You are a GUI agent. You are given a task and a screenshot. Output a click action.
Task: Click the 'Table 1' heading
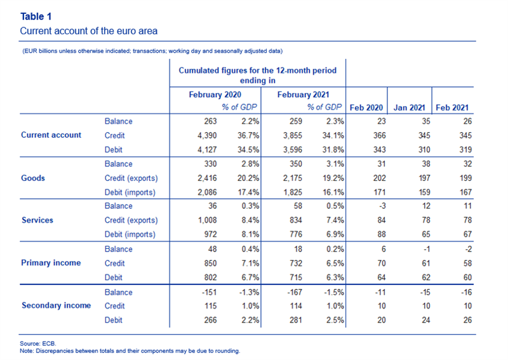[36, 17]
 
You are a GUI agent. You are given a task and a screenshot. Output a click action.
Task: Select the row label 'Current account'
[51, 135]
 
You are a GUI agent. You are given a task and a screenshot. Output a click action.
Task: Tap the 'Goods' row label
[33, 178]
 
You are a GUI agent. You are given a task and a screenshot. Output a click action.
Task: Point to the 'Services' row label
[37, 220]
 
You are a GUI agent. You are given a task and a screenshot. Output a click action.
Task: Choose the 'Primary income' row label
[51, 263]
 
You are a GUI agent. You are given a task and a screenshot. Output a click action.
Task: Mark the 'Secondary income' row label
[56, 305]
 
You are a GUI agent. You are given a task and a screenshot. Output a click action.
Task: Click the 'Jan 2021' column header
[409, 107]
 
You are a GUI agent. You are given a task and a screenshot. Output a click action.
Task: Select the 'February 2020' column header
[215, 95]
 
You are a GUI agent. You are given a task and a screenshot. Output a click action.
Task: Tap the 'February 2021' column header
[304, 95]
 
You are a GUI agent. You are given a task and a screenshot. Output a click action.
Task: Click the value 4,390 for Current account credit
[207, 135]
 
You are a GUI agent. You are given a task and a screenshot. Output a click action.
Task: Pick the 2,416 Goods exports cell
[207, 178]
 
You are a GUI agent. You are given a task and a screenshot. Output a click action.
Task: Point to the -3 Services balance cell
[382, 206]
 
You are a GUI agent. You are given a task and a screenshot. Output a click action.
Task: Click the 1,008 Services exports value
[208, 220]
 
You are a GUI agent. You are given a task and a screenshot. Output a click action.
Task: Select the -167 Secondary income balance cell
[295, 292]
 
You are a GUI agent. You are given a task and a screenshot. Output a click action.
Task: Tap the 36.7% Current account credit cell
[248, 135]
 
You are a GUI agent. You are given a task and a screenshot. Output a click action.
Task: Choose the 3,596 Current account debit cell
[293, 150]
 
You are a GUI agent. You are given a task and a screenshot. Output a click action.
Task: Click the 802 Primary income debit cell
[210, 277]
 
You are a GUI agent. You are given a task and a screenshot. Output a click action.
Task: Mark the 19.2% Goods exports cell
[333, 178]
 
